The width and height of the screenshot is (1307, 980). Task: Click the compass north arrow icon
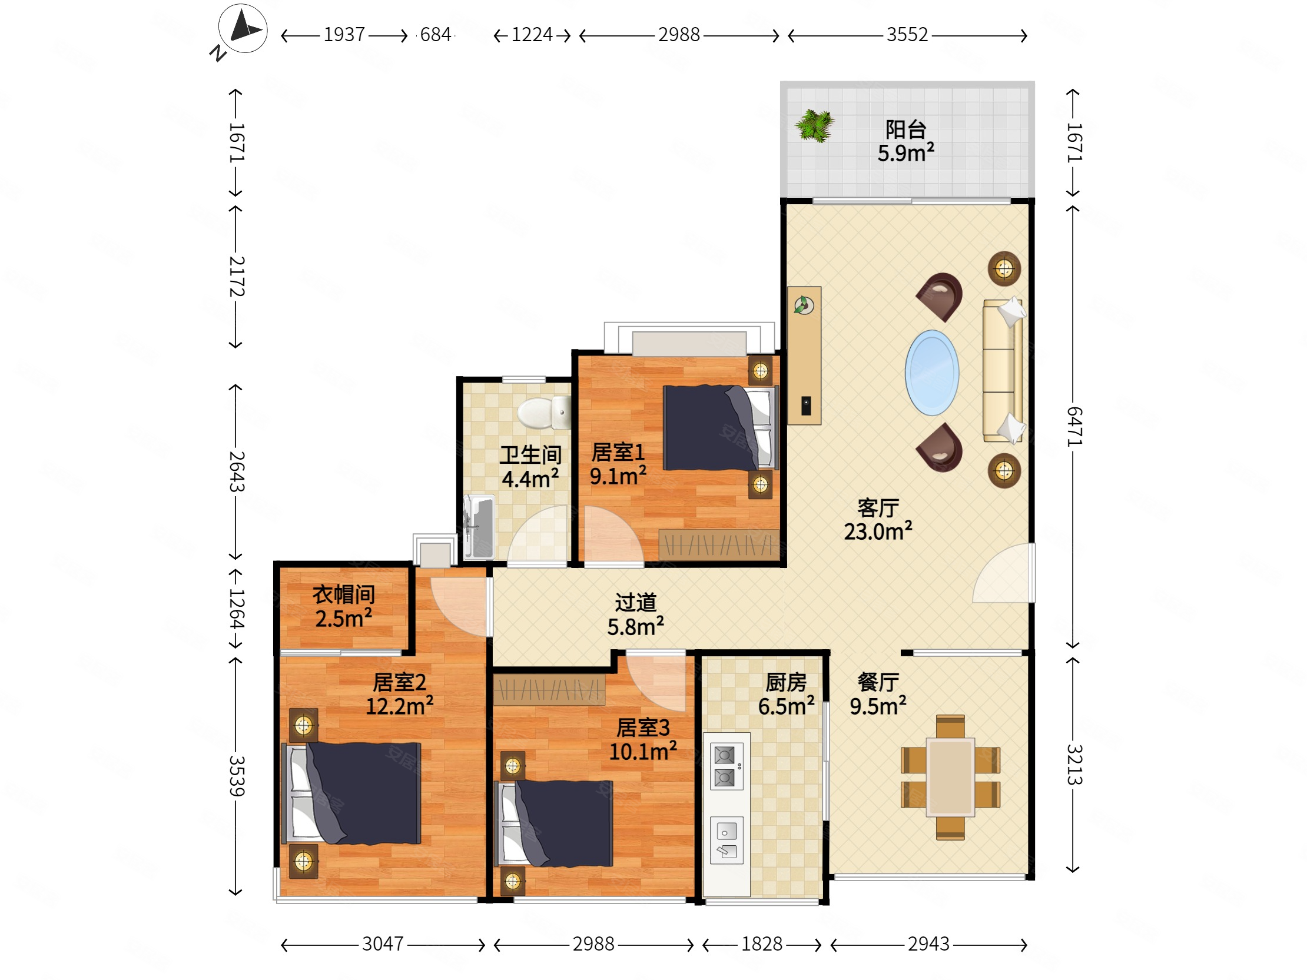[242, 28]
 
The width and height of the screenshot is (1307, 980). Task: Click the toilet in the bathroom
[544, 413]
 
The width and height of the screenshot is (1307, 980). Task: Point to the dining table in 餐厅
[950, 778]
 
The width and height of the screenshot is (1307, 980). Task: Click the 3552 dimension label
[907, 35]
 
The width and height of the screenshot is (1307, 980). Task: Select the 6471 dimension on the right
[1074, 426]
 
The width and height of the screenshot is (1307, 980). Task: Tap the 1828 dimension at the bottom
[762, 944]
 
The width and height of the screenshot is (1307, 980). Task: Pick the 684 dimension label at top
[436, 35]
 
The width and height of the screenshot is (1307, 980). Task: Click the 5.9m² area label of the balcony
[906, 153]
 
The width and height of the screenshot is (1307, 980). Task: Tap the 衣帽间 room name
[344, 594]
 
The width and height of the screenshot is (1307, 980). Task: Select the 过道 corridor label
[636, 603]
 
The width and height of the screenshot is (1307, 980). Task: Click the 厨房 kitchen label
[786, 682]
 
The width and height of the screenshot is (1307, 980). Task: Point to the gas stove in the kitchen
[725, 766]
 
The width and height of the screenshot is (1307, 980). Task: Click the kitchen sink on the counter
[727, 841]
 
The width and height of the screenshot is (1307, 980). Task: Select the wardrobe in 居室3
[549, 689]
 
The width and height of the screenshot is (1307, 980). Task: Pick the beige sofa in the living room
[1003, 371]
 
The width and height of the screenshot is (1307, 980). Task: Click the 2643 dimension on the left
[236, 471]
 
